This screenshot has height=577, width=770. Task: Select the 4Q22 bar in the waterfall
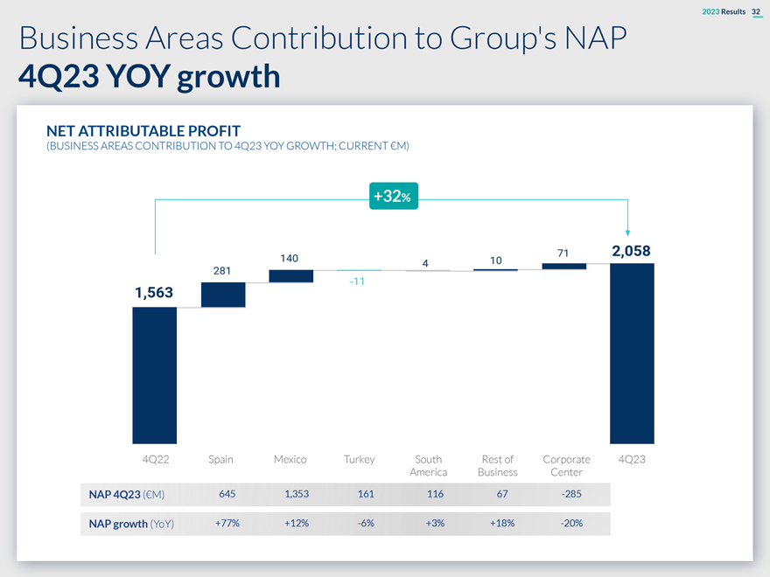[155, 375]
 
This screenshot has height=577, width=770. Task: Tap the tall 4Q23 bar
[632, 353]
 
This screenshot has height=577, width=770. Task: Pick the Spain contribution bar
[223, 295]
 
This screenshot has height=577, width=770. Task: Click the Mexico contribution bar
[291, 276]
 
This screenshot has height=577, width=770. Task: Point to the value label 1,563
[154, 294]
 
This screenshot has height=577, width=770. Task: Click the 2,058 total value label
[631, 251]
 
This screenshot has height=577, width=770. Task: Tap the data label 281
[222, 270]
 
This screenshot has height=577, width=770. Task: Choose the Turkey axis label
[359, 459]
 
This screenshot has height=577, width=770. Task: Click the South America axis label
[429, 466]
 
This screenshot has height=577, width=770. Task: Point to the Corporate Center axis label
[566, 466]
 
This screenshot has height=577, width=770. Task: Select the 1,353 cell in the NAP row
[290, 495]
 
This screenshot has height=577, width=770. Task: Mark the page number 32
[756, 10]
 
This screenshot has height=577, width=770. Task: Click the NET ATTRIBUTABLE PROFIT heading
[143, 131]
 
